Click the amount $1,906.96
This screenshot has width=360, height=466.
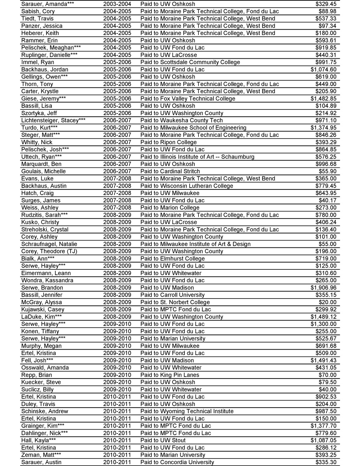323,287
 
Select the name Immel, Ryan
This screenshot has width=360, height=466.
37,62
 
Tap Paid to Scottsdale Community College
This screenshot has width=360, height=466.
190,62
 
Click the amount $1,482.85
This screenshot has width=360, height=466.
323,98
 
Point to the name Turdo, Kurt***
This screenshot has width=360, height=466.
39,127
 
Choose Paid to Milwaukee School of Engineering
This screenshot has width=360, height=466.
193,127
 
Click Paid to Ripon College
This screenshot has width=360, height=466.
168,142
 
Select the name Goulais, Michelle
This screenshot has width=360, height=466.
43,171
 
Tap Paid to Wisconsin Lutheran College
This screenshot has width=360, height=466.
186,185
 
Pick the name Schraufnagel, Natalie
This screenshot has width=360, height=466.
49,244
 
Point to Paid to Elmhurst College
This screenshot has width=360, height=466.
172,258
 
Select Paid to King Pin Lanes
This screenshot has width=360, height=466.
170,375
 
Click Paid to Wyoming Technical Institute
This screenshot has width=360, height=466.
187,411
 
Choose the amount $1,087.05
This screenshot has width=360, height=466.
323,440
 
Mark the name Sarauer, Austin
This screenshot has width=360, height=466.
41,462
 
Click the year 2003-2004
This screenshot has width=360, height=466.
117,4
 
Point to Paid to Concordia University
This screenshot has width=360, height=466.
177,462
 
